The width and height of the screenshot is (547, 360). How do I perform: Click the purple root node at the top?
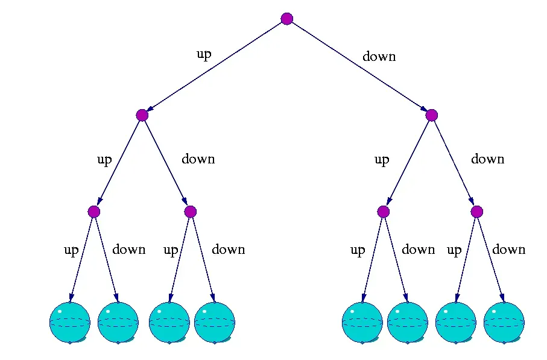tap(287, 19)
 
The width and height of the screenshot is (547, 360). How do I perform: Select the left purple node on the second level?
tap(142, 115)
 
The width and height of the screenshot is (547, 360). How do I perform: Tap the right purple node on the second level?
tap(431, 115)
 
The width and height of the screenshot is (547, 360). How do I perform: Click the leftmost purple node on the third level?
tap(93, 212)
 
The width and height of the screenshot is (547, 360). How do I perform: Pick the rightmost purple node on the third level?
tap(477, 212)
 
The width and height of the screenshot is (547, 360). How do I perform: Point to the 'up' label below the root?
tap(204, 54)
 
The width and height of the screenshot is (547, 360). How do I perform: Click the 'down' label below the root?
tap(379, 57)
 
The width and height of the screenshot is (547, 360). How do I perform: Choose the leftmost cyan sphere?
tap(69, 322)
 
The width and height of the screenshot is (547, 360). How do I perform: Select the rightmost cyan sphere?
tap(504, 322)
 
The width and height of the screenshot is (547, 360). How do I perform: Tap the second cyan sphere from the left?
tap(118, 322)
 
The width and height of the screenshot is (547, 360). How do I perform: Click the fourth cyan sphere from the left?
tap(214, 322)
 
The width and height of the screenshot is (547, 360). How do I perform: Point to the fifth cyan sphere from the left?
tap(362, 322)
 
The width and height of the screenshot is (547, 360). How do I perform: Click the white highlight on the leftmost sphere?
tap(59, 312)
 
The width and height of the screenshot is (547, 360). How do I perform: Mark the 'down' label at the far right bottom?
tap(508, 250)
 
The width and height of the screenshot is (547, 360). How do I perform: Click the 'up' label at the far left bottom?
tap(71, 250)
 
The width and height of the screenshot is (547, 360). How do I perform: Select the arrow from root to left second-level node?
tap(215, 67)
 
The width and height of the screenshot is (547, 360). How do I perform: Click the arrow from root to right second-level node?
tap(359, 67)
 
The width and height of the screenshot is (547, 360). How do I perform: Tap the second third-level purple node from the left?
tap(191, 212)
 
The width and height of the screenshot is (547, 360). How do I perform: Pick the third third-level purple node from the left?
tap(383, 212)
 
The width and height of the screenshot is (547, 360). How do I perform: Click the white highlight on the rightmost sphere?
tap(493, 312)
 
